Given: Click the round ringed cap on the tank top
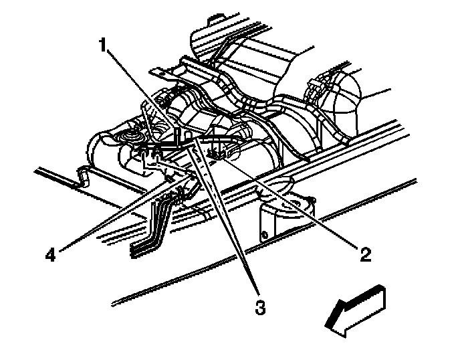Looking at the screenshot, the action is coord(126,137).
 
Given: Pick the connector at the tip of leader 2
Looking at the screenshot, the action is coord(216,155).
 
